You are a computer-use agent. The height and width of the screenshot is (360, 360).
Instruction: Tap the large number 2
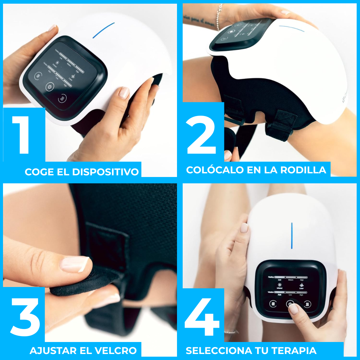point(202,135)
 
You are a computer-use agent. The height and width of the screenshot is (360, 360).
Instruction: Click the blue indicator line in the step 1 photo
point(103,30)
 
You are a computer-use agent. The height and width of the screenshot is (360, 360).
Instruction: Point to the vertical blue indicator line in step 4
point(292,235)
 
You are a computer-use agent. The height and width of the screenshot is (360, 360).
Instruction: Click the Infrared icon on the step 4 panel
point(279,285)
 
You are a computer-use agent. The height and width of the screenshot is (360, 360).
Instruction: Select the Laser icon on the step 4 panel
point(301,285)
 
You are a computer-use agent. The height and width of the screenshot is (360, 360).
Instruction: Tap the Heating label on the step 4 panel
point(271,277)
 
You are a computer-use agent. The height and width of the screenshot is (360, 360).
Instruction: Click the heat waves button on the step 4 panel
point(307,304)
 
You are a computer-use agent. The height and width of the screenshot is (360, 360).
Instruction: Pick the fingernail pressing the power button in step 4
point(293,308)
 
